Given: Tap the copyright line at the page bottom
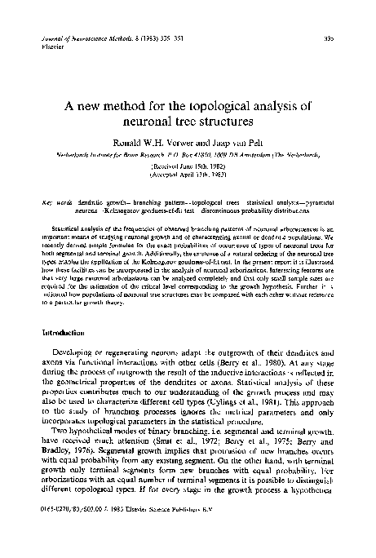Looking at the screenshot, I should click(x=117, y=534).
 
